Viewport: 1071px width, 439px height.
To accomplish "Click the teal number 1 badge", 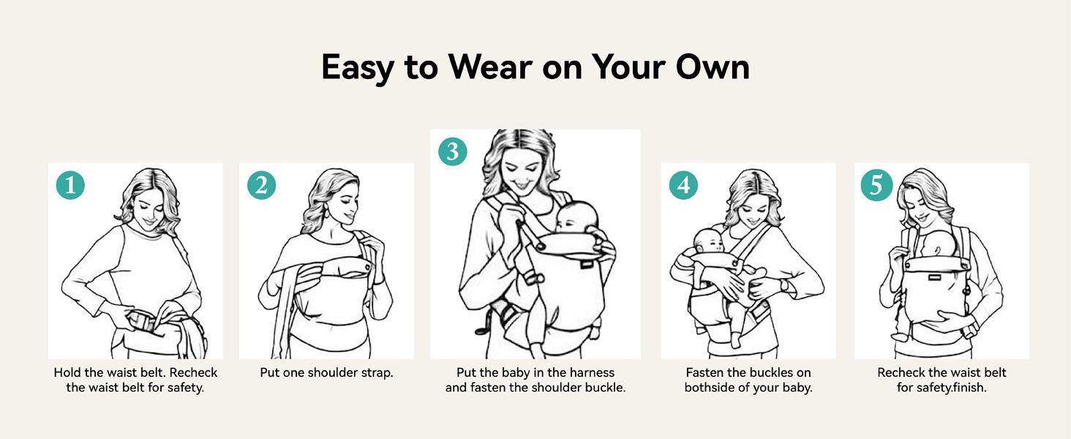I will pyautogui.click(x=70, y=185).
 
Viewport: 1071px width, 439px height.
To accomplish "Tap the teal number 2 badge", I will pyautogui.click(x=261, y=185).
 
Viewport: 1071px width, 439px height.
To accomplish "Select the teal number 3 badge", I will pyautogui.click(x=452, y=151).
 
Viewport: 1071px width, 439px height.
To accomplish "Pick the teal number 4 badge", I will pyautogui.click(x=683, y=185).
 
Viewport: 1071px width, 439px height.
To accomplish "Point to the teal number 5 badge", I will pyautogui.click(x=876, y=185).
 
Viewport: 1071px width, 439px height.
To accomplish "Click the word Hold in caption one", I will pyautogui.click(x=67, y=372).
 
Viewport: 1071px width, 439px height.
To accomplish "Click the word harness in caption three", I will pyautogui.click(x=590, y=372).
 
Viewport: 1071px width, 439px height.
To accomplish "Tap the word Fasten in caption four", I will pyautogui.click(x=705, y=372).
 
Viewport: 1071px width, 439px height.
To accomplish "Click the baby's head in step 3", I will pyautogui.click(x=576, y=217).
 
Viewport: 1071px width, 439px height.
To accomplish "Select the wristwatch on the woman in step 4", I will pyautogui.click(x=784, y=285).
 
